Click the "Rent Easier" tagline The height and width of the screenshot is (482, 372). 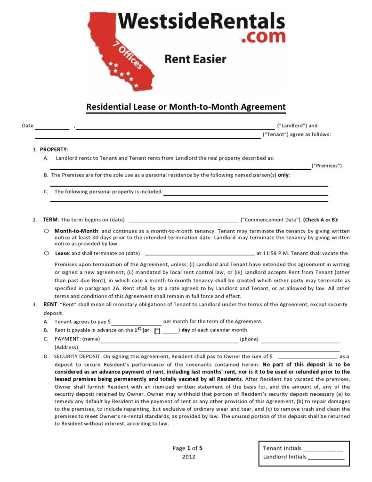coord(195,59)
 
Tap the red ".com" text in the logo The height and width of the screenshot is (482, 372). coord(263,37)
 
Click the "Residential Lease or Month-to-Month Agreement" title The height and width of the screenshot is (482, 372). coord(186,107)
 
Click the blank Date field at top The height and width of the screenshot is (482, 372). coord(52,126)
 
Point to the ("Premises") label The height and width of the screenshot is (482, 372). coord(327,166)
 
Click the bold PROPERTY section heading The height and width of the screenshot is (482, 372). coord(54,150)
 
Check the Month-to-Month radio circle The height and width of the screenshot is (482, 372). coord(46,231)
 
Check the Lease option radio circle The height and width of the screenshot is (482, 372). coord(46,253)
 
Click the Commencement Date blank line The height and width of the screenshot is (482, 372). coord(183,220)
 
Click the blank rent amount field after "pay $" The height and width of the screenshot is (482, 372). coord(137,322)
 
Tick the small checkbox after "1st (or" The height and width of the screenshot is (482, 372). coord(157,331)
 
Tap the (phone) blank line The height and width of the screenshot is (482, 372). coord(300,340)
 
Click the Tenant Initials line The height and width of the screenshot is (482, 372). coord(323,449)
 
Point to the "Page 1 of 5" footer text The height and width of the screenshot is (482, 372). coord(187,448)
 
